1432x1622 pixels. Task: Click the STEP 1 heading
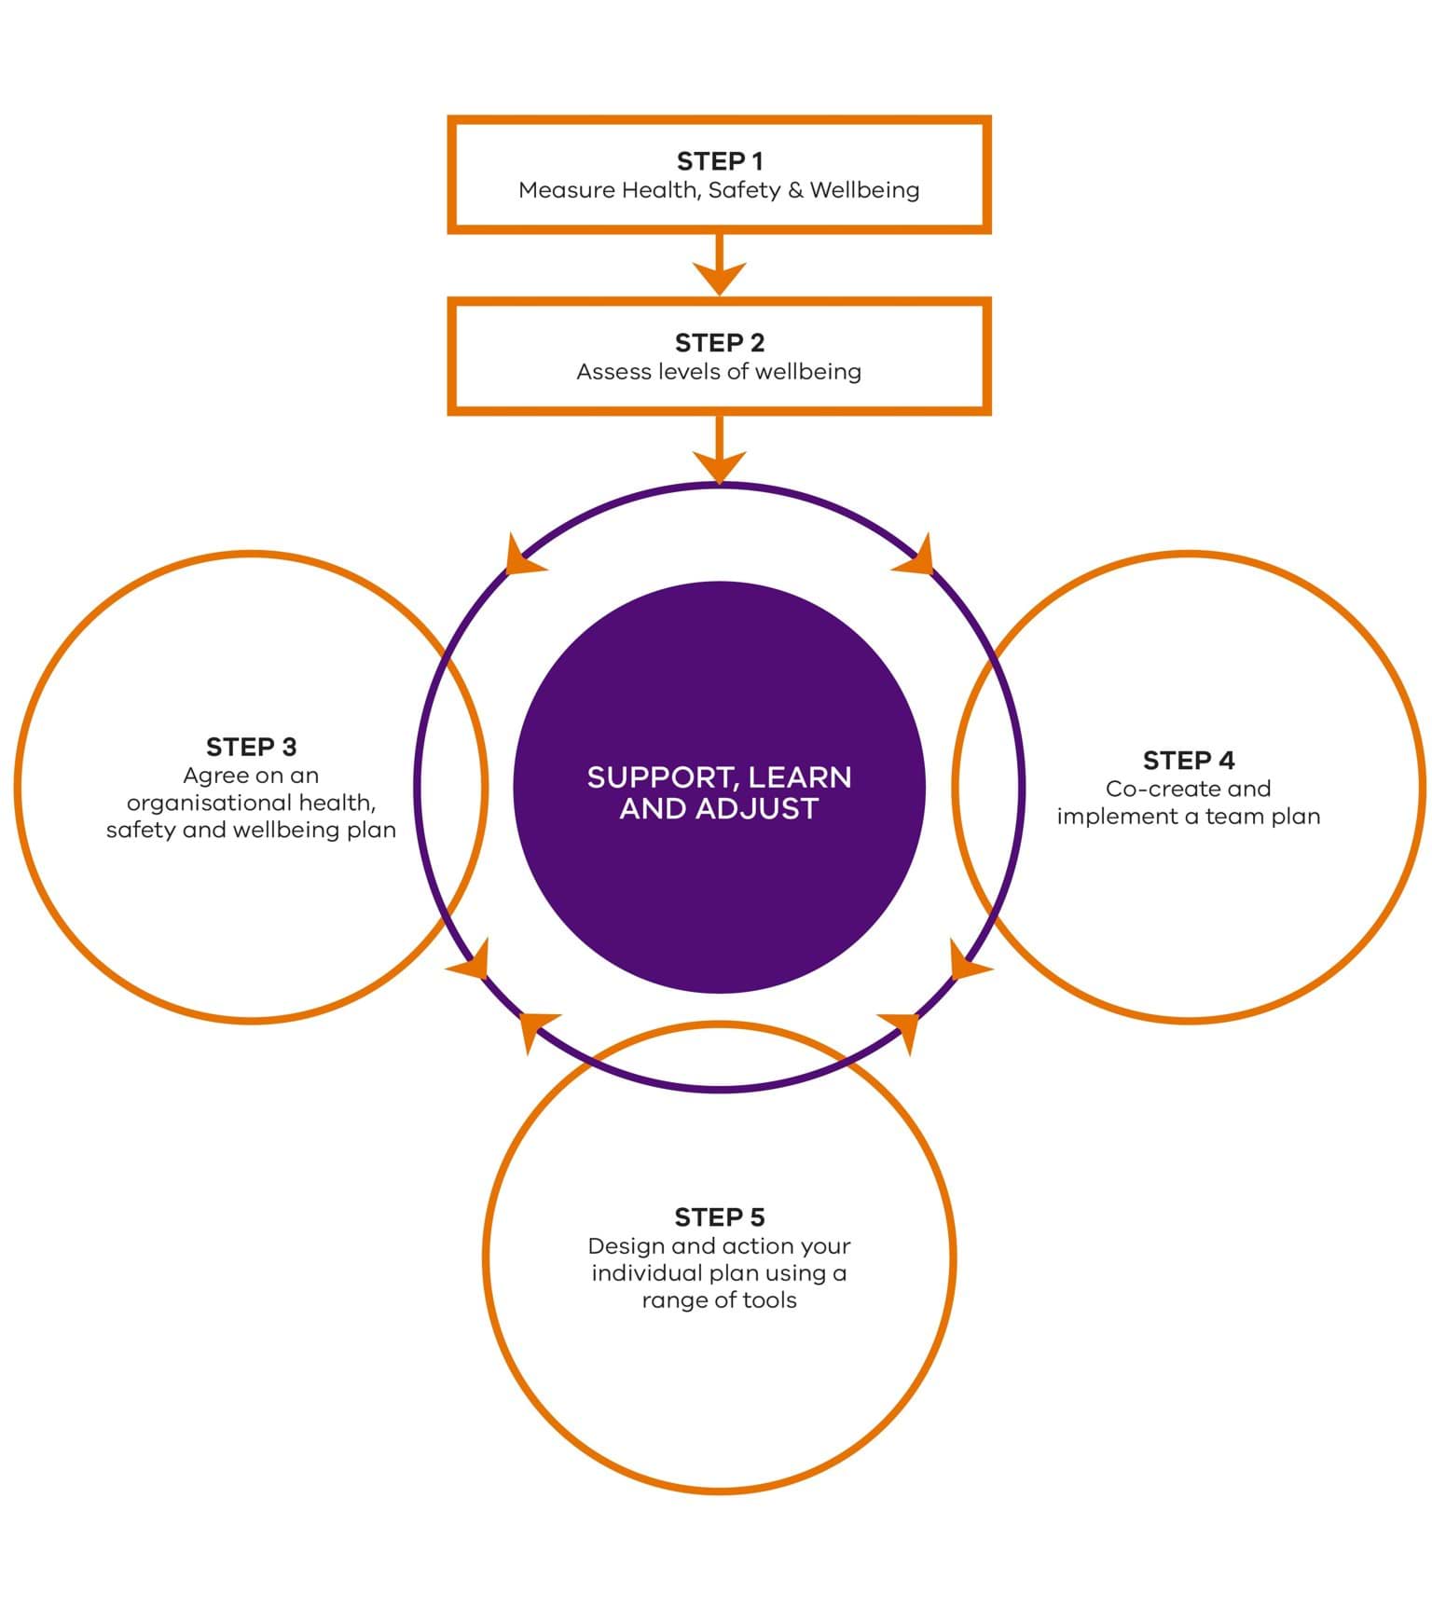(x=719, y=161)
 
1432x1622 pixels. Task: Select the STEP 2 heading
(x=719, y=343)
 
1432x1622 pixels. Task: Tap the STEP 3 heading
(x=251, y=747)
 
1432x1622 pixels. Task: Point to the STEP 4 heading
(x=1189, y=761)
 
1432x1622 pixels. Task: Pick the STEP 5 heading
(x=719, y=1217)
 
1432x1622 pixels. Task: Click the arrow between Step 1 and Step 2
(x=719, y=265)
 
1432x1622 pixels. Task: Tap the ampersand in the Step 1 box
(x=794, y=190)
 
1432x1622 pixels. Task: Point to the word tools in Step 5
(x=769, y=1300)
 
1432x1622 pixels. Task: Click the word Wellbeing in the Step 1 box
(x=864, y=190)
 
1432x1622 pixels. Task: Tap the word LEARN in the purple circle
(x=799, y=778)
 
